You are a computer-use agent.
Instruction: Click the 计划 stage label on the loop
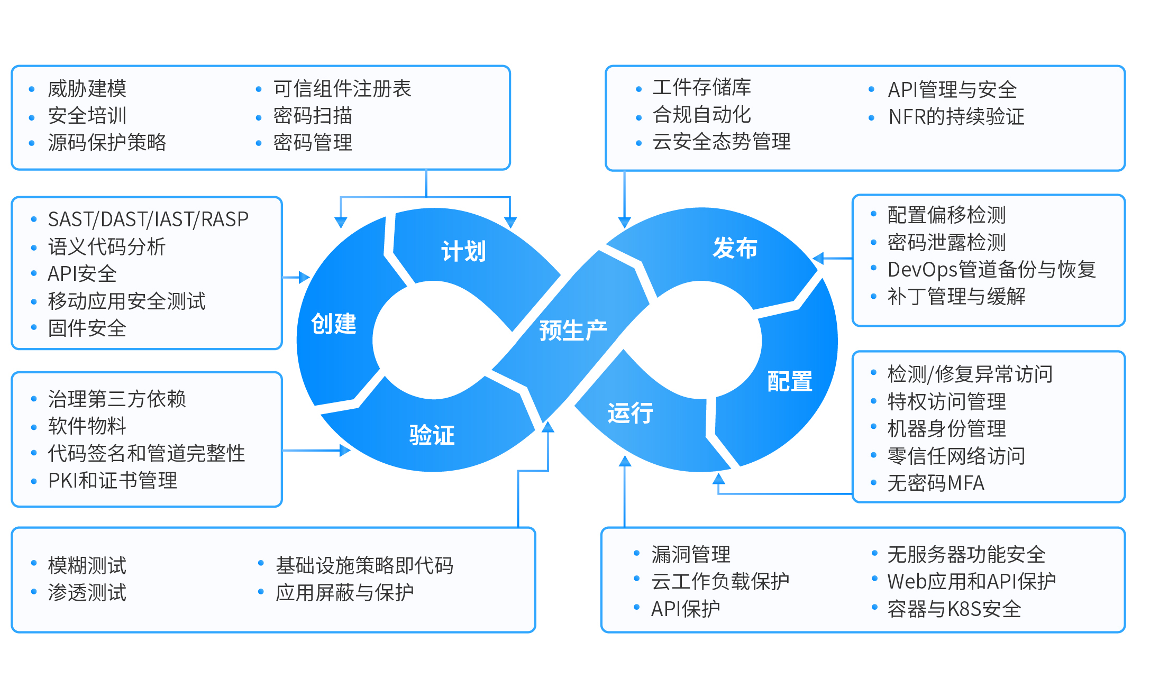tap(463, 251)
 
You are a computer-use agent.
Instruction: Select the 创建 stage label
tap(334, 324)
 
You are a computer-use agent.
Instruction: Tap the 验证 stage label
tap(432, 435)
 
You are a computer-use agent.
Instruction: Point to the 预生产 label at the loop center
tap(573, 331)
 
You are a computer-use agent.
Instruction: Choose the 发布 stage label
tap(735, 248)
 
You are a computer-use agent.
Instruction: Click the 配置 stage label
tap(789, 381)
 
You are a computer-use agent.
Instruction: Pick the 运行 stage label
tap(630, 413)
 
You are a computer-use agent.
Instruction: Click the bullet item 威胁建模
tap(87, 89)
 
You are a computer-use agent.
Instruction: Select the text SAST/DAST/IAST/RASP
tap(148, 219)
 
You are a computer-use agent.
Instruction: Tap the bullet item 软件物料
tap(87, 426)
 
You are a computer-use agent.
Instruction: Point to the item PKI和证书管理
tap(113, 481)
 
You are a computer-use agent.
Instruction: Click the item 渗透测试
tap(87, 593)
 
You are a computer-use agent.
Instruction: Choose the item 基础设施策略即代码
tap(364, 565)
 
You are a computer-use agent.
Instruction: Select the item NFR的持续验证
tap(956, 117)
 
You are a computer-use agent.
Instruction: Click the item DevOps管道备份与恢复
tap(991, 270)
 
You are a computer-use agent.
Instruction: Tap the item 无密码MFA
tap(936, 483)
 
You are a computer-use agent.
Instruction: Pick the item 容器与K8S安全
tap(954, 609)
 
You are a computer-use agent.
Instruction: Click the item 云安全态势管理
tap(722, 142)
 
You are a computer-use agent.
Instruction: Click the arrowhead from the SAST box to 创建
tap(304, 277)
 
